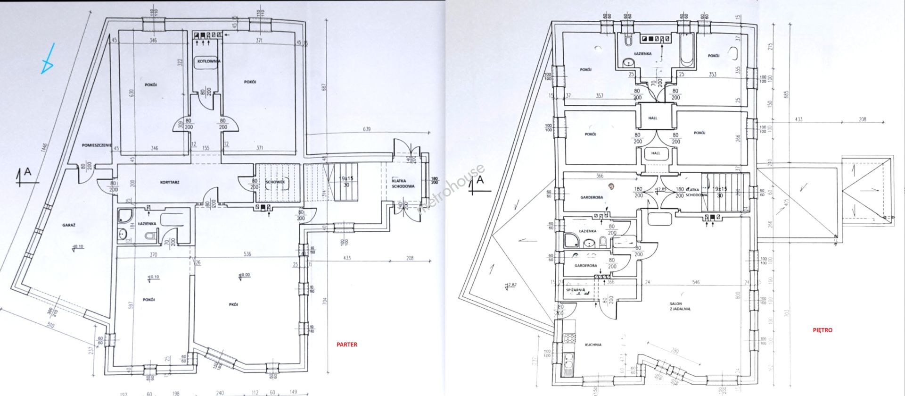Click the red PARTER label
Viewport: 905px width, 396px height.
(346, 345)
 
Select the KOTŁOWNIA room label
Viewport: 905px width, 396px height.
(207, 61)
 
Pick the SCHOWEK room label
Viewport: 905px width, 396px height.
(274, 182)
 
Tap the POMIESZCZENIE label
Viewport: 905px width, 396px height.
(96, 145)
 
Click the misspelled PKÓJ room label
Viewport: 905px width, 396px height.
(231, 304)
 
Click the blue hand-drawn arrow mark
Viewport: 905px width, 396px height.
(48, 59)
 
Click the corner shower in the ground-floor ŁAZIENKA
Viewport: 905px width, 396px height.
(125, 216)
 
